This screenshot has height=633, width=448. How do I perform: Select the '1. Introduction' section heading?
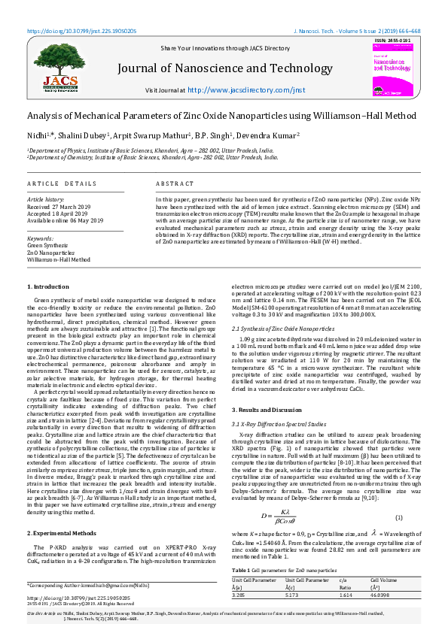47,287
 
